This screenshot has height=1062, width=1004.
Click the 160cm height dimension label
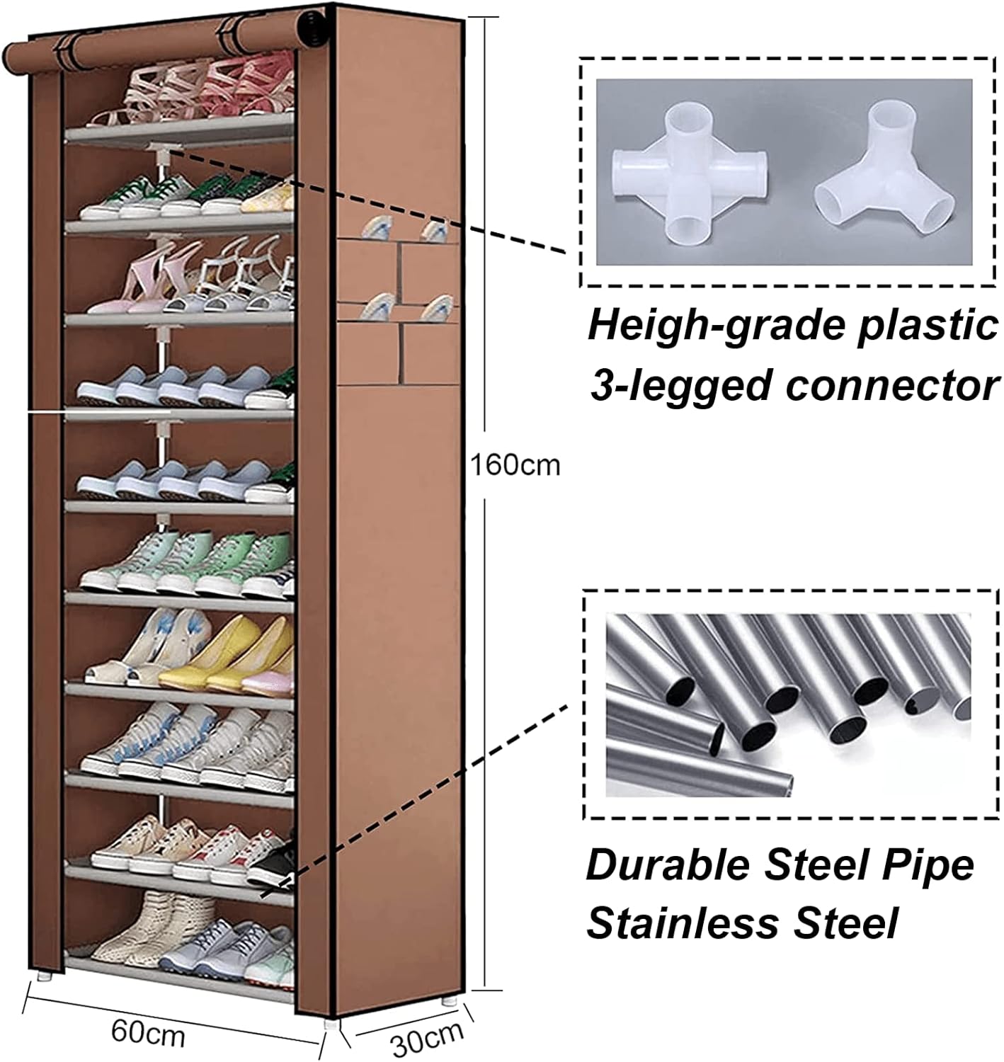click(x=515, y=464)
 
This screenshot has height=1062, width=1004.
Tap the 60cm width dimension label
click(x=147, y=1033)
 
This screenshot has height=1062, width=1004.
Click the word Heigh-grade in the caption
click(x=717, y=327)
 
